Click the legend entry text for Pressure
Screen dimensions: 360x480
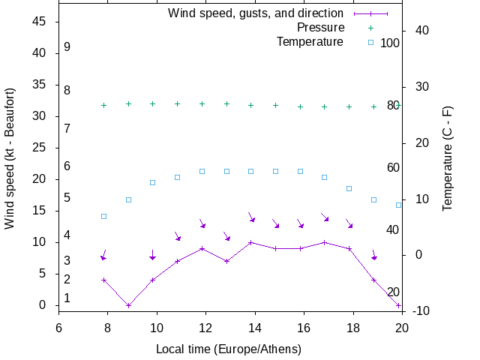tap(320, 28)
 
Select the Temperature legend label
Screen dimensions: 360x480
tap(310, 41)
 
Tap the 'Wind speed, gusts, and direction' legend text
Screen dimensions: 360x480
tap(256, 13)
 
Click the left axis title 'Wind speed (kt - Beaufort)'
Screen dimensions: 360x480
tap(10, 157)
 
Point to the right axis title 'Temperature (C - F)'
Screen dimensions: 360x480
tap(447, 157)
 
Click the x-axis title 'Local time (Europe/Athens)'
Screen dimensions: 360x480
tap(229, 349)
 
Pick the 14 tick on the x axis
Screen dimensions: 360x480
tap(255, 327)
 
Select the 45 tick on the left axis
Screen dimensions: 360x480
tap(40, 22)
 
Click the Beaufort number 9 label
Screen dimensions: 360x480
tap(67, 47)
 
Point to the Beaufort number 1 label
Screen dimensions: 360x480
tap(67, 298)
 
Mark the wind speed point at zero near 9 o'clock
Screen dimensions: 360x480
tap(128, 305)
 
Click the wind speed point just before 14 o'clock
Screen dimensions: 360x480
tap(251, 242)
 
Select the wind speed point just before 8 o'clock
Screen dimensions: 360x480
tap(104, 280)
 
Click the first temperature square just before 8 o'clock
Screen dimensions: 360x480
tap(104, 216)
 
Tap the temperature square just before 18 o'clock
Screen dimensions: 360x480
tap(349, 188)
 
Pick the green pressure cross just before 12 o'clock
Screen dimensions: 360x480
tap(202, 103)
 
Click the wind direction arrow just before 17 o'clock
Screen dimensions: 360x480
tap(325, 217)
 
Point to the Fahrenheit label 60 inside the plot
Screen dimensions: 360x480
tap(393, 167)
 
